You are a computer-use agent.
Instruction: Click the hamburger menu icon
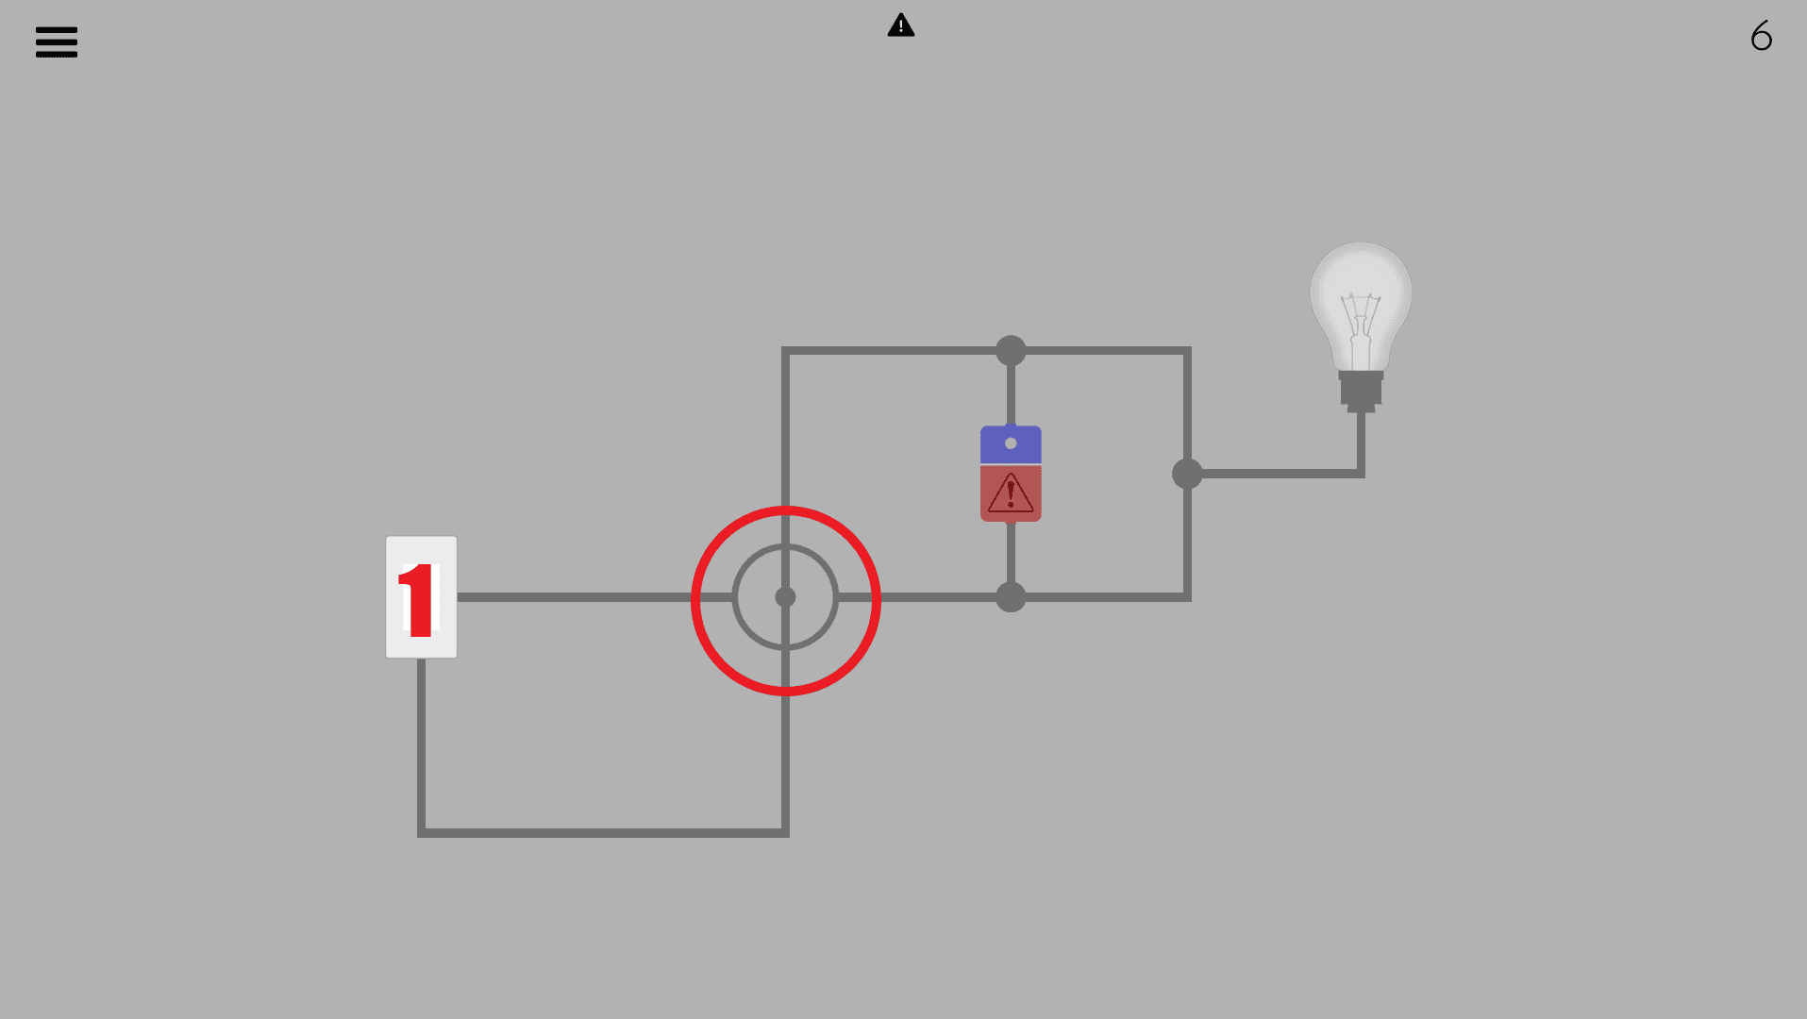57,42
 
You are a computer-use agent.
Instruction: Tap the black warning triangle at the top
901,25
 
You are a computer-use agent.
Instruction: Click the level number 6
1761,37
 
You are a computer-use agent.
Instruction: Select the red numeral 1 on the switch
417,600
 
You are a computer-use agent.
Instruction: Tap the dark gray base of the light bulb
1361,391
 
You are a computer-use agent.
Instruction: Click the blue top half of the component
1011,444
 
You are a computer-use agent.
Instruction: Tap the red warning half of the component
1011,493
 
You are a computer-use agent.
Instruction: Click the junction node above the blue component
1011,351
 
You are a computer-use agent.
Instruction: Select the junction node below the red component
1011,597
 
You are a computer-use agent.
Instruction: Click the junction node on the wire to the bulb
1187,474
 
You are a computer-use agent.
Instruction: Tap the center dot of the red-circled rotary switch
785,597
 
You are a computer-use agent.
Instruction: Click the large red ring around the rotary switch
693,601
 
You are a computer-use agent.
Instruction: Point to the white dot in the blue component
1011,443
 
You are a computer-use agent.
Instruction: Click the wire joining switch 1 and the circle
576,597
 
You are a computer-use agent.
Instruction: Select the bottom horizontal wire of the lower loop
604,832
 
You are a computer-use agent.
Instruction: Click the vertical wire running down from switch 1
422,745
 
